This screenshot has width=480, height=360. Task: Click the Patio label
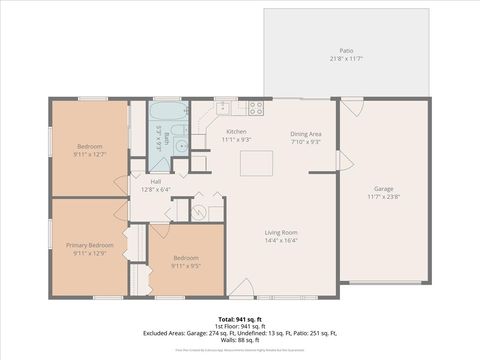tap(346, 50)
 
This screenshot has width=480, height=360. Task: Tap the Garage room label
tap(383, 188)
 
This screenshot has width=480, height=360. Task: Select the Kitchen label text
tap(236, 132)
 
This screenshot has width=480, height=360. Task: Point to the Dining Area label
tap(306, 134)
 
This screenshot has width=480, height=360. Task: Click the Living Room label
tap(281, 232)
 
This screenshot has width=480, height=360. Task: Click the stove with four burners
tap(255, 107)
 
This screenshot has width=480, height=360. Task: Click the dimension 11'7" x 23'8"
tap(383, 196)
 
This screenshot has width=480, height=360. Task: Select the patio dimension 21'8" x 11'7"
tap(346, 59)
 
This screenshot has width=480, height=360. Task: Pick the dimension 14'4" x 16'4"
tap(281, 240)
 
